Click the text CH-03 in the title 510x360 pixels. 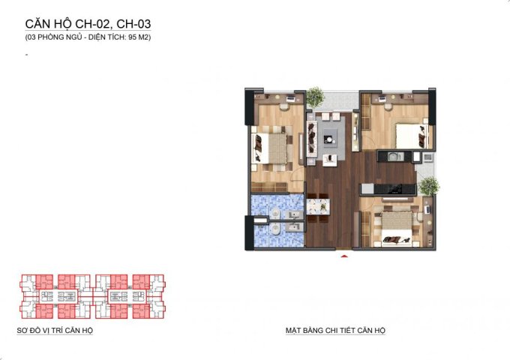point(133,24)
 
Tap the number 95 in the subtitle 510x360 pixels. point(133,37)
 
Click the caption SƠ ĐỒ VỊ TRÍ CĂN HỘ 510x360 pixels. point(55,331)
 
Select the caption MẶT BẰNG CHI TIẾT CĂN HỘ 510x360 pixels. point(335,331)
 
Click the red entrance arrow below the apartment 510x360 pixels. point(344,256)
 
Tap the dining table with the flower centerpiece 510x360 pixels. point(318,207)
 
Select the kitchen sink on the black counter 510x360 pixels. point(395,157)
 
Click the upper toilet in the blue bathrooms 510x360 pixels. point(275,213)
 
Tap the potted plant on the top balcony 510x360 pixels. point(315,97)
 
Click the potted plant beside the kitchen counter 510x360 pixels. point(429,186)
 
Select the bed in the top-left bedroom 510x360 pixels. point(272,148)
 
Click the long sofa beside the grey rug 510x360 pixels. point(312,139)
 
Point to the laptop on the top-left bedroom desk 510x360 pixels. point(290,98)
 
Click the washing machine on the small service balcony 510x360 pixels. point(427,157)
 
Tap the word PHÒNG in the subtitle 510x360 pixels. point(49,37)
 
